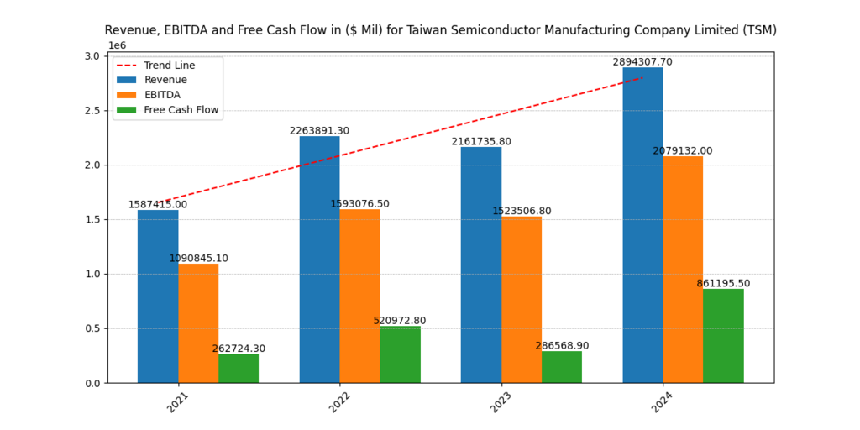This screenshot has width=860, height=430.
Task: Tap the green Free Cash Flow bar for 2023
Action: (562, 367)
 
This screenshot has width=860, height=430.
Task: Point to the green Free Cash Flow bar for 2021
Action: (239, 369)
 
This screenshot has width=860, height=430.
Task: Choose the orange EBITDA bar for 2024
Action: (683, 270)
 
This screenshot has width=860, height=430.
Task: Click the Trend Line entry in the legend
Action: (169, 65)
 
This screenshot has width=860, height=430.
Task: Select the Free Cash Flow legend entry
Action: (181, 110)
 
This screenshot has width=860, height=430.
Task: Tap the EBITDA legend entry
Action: (162, 95)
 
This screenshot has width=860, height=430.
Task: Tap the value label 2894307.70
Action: (642, 62)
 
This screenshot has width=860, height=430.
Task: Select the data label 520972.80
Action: (401, 321)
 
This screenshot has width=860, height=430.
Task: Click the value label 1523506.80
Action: (522, 211)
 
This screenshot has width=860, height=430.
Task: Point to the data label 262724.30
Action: (239, 349)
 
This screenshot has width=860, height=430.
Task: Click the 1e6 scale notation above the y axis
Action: (117, 45)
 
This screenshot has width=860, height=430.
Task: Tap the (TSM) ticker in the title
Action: (759, 30)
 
